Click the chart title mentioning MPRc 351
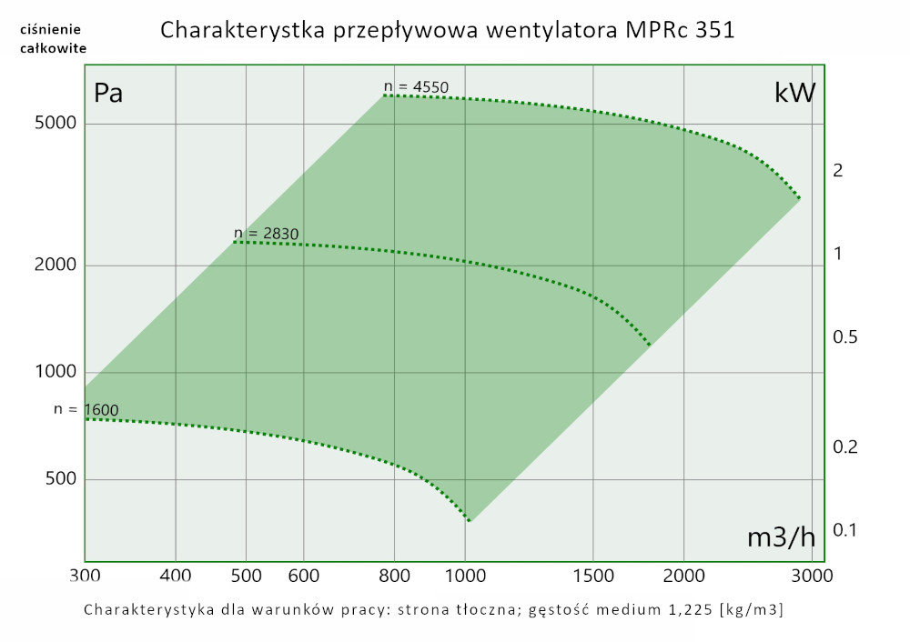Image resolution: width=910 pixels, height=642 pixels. point(447,30)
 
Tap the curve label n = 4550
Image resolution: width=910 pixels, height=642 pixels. point(417,87)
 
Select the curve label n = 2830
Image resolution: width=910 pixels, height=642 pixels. point(267,234)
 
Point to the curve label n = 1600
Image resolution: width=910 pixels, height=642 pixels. point(86,409)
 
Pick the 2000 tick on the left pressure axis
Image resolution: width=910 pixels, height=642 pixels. point(55,265)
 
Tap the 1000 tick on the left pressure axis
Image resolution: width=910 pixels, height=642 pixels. point(55,372)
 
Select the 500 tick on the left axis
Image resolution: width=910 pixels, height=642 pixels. point(59,479)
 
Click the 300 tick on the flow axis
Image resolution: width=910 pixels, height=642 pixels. point(85,576)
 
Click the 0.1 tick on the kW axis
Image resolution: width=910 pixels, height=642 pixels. point(844,529)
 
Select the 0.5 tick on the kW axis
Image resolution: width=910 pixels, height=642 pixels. point(844,337)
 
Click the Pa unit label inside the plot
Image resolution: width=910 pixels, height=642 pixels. point(108,93)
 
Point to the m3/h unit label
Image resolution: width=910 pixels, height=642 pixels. point(781,537)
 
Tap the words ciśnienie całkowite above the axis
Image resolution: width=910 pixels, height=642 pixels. point(52,39)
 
